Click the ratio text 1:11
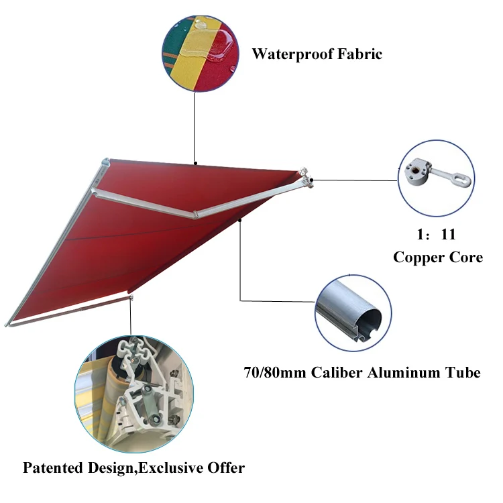[x=437, y=235]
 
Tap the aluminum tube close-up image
[x=353, y=312]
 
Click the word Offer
[x=225, y=467]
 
